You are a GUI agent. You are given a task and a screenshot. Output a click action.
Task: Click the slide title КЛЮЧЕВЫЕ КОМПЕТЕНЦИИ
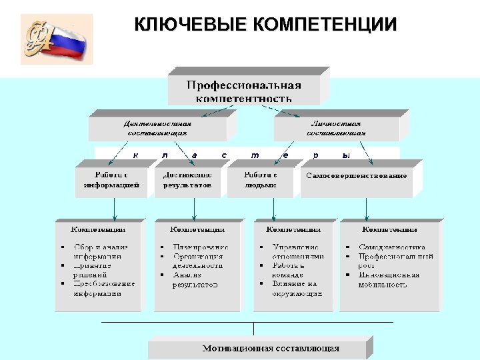click(265, 26)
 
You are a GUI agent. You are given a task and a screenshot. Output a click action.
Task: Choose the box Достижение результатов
click(187, 180)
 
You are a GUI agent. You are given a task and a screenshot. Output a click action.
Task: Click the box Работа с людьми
click(260, 180)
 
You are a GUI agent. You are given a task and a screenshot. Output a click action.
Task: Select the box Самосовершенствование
click(356, 176)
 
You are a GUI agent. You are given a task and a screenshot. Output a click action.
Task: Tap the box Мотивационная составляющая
click(271, 348)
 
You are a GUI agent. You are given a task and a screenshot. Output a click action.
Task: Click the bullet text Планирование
click(200, 247)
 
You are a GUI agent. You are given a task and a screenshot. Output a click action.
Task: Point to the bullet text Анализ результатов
click(195, 279)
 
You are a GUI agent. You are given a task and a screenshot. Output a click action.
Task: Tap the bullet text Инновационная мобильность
click(388, 279)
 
